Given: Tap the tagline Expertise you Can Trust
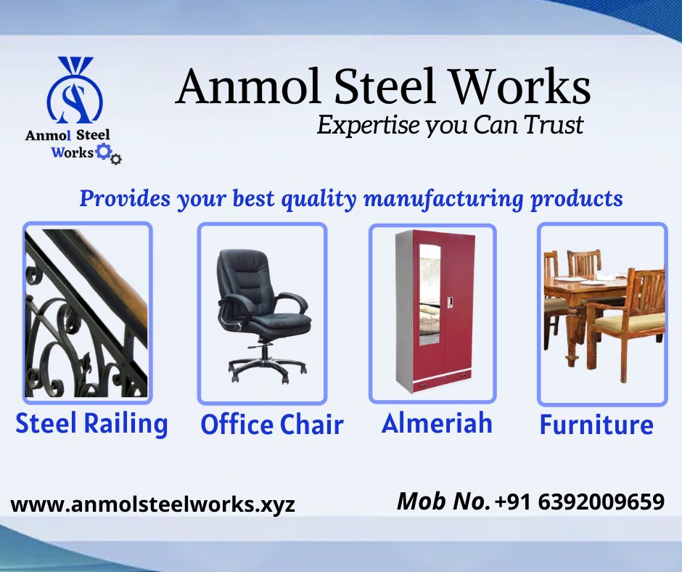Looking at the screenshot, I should tap(450, 125).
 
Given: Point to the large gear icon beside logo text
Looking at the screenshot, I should tap(104, 152).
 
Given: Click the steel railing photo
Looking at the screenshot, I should tap(87, 313).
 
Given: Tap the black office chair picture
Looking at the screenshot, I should tap(262, 313).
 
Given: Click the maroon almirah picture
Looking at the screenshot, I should tap(433, 313).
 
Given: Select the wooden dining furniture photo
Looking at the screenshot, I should tap(601, 313).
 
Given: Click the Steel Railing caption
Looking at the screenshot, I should tap(91, 424).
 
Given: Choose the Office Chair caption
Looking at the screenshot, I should tap(272, 425).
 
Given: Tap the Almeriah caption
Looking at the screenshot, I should tap(437, 423).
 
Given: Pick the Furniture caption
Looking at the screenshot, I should tap(596, 425).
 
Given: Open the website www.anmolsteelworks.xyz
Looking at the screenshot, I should tap(153, 504).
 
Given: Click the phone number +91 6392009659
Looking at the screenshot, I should tap(580, 502).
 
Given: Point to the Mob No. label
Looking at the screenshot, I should tap(443, 502).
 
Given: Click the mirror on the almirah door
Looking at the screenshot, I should tap(430, 294).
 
